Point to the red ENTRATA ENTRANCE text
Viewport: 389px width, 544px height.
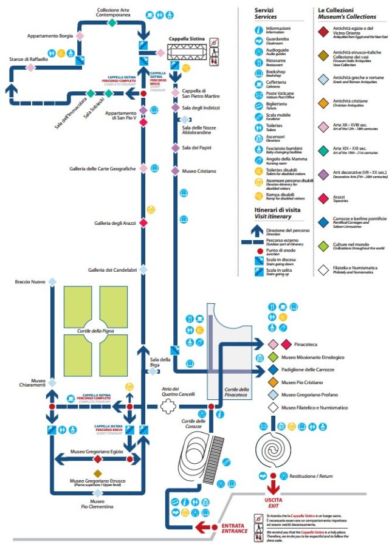(234, 528)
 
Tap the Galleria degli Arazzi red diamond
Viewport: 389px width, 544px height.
(143, 223)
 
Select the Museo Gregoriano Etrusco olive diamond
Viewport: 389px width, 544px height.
(96, 473)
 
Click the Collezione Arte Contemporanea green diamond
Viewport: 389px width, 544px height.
(112, 22)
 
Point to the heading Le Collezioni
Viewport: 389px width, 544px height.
(338, 11)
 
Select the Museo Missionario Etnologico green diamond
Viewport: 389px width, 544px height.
(274, 357)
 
